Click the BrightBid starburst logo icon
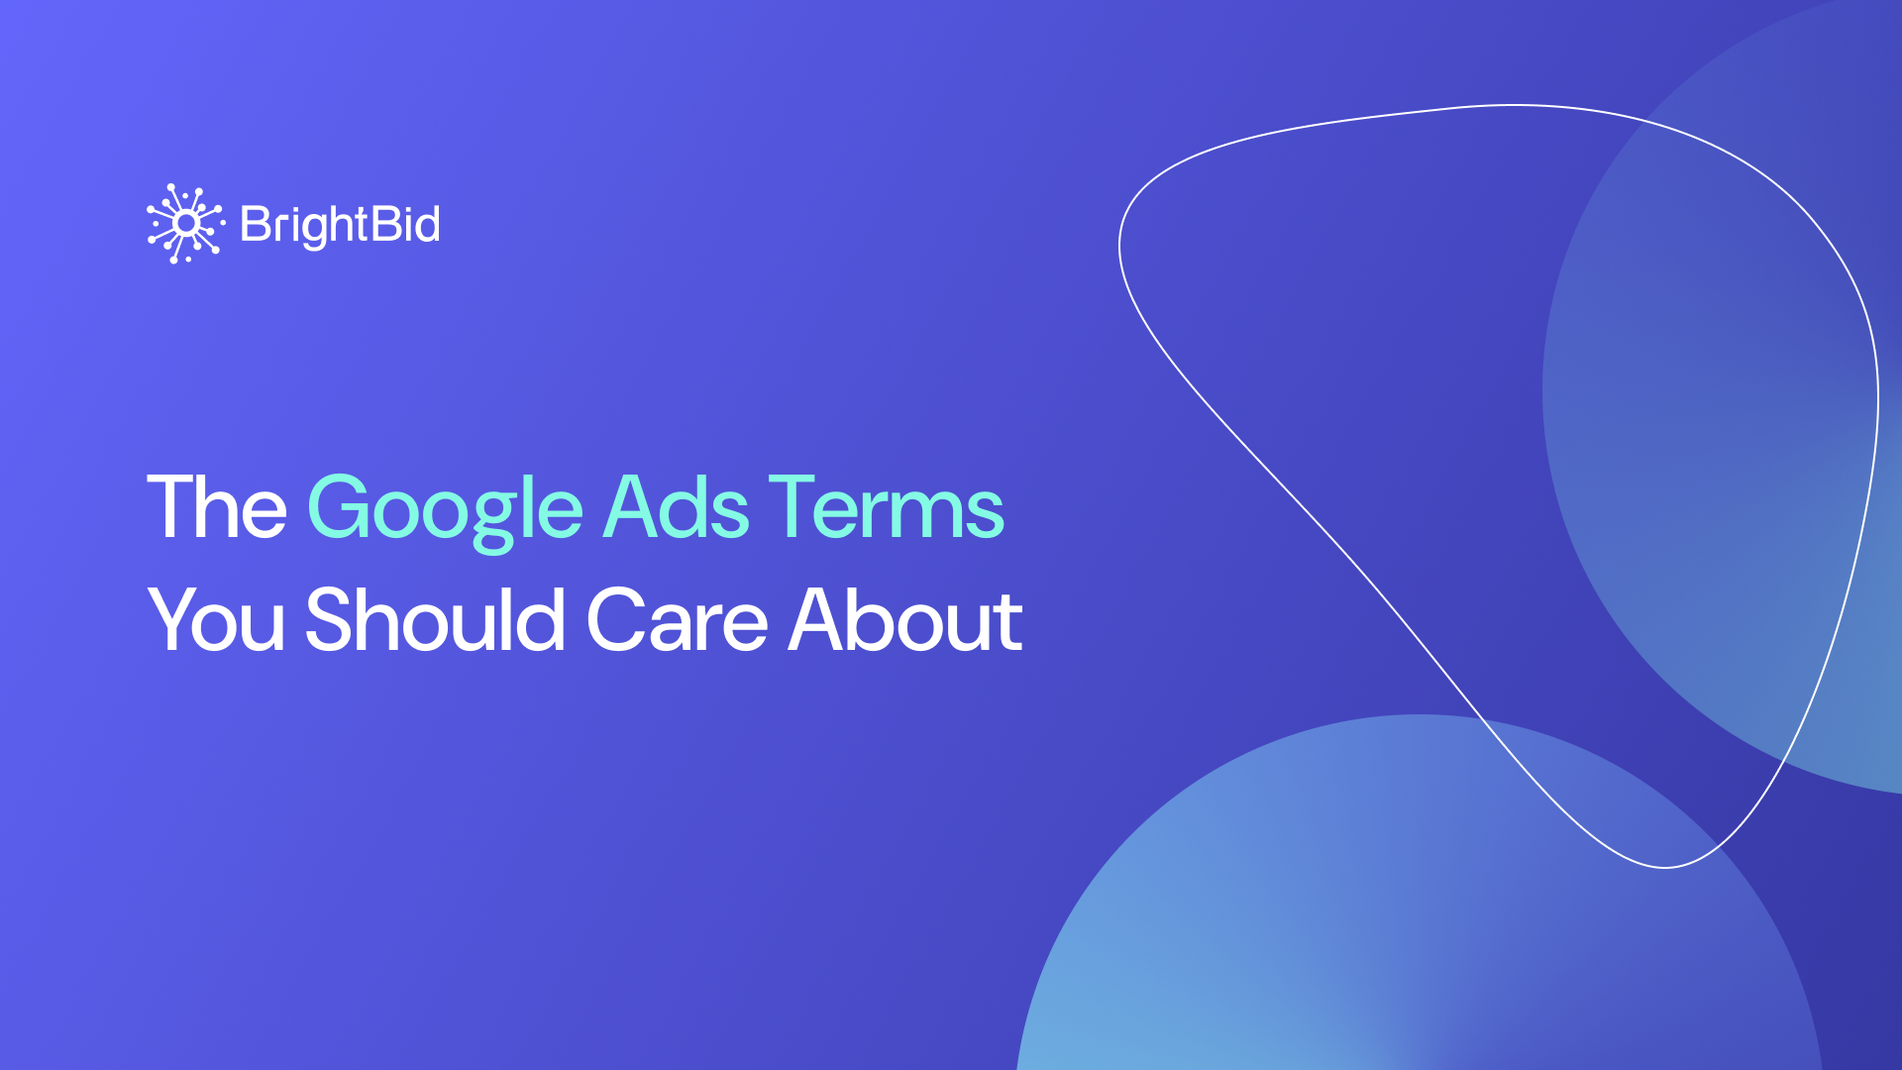click(185, 224)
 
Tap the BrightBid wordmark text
click(340, 226)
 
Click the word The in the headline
click(217, 506)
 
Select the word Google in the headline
click(445, 511)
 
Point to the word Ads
click(676, 506)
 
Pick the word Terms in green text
click(887, 506)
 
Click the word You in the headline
click(216, 619)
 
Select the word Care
click(677, 619)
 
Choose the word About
click(905, 619)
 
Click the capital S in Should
click(330, 619)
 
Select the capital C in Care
click(619, 619)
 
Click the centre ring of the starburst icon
click(185, 224)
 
